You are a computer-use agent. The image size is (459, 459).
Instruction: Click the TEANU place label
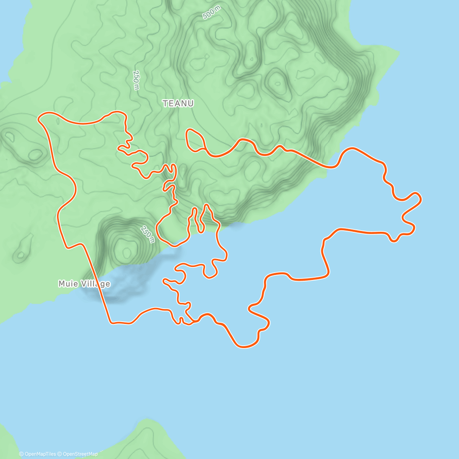pyautogui.click(x=178, y=103)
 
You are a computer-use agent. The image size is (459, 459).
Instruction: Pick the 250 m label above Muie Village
pyautogui.click(x=148, y=234)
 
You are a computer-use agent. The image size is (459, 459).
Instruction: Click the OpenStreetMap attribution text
pyautogui.click(x=80, y=454)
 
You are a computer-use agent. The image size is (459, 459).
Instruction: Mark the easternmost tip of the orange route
pyautogui.click(x=421, y=199)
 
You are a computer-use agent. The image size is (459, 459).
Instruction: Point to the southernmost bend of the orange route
pyautogui.click(x=243, y=347)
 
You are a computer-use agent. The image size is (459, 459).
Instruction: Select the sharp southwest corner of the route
pyautogui.click(x=111, y=323)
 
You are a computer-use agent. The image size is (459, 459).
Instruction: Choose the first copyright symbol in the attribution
pyautogui.click(x=21, y=454)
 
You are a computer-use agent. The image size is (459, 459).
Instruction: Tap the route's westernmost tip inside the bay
pyautogui.click(x=164, y=281)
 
